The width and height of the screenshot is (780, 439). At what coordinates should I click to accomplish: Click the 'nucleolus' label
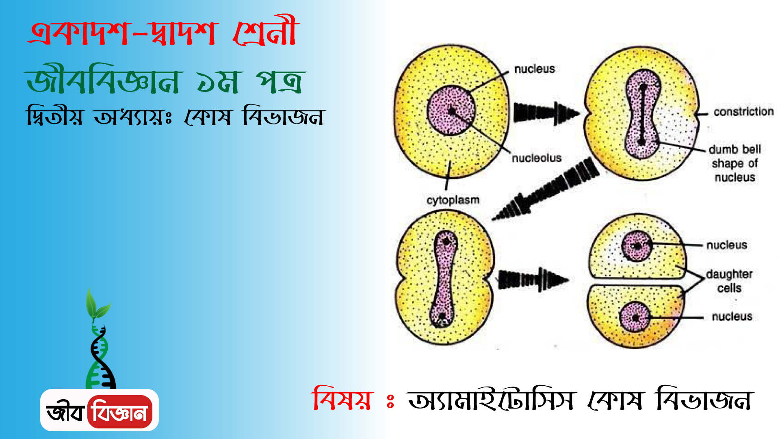[x=536, y=158]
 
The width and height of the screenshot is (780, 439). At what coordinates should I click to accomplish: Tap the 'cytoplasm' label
[x=453, y=200]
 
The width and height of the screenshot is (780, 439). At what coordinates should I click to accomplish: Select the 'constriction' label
[x=743, y=111]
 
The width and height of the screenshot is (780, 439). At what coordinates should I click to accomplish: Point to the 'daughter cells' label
[x=729, y=281]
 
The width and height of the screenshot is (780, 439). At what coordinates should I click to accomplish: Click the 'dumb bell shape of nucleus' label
[x=734, y=163]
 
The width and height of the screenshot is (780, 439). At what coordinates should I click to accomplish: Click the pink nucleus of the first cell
[x=451, y=110]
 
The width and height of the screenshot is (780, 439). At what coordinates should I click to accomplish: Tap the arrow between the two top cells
[x=546, y=113]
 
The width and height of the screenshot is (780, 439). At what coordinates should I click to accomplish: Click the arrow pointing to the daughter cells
[x=533, y=279]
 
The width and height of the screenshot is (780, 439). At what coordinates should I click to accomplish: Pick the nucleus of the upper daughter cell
[x=637, y=246]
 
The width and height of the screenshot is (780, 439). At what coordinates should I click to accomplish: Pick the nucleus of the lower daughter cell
[x=635, y=317]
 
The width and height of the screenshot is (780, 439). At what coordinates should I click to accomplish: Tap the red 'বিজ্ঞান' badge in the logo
[x=120, y=412]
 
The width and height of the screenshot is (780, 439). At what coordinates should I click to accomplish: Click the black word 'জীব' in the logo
[x=65, y=412]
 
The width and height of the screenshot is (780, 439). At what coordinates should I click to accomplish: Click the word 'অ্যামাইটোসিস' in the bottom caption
[x=492, y=399]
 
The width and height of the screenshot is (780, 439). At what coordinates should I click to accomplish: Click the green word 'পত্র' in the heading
[x=280, y=81]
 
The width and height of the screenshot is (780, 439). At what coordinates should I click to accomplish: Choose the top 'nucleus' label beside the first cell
[x=535, y=69]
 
